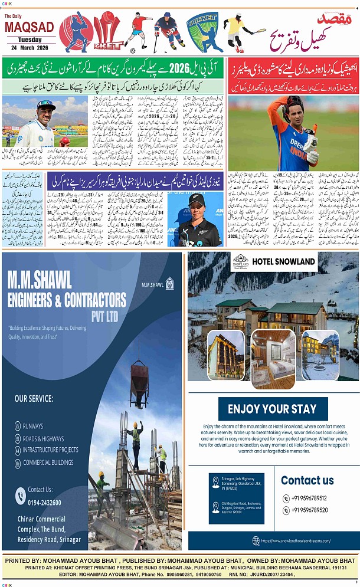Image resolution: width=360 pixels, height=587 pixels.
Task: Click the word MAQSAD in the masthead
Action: [x=29, y=27]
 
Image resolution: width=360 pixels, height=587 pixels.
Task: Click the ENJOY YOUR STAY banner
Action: [x=272, y=409]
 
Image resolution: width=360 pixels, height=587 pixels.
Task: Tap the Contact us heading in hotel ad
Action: [x=307, y=480]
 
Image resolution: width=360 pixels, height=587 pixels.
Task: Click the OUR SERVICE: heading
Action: [x=34, y=399]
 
